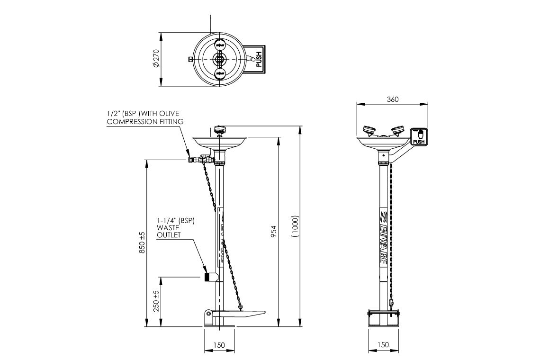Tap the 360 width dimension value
(x=393, y=99)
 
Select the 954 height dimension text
(x=274, y=231)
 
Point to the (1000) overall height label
(x=295, y=226)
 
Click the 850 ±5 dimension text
(x=142, y=243)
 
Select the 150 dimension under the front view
(x=383, y=345)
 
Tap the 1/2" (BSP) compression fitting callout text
(x=144, y=118)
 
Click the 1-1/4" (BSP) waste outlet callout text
(x=176, y=227)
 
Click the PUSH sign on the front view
(x=419, y=136)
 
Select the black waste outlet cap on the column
(x=207, y=277)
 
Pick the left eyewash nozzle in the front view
(x=369, y=130)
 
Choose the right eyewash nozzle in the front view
(x=397, y=130)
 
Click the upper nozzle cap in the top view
(x=220, y=44)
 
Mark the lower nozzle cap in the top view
(x=220, y=74)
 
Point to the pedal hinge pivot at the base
(x=208, y=314)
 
